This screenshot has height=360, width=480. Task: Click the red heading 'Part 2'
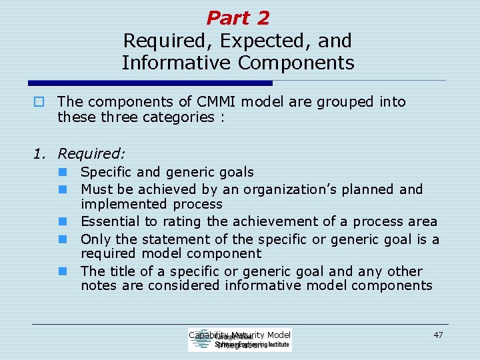coord(238,17)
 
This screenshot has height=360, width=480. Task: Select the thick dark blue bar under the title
coord(151,83)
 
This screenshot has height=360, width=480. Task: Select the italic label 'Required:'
coord(91,154)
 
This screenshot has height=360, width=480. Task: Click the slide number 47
coord(438,335)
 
